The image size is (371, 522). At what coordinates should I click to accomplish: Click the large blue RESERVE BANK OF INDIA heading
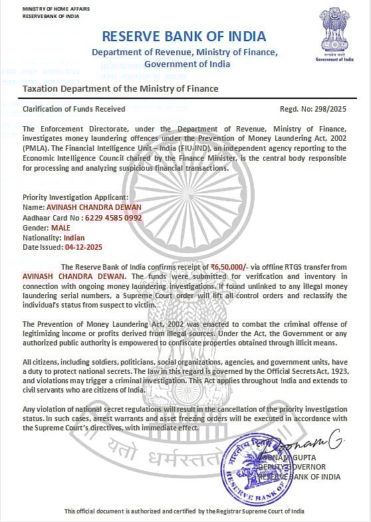click(x=185, y=36)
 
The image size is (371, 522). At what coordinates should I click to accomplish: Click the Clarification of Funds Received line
click(x=74, y=108)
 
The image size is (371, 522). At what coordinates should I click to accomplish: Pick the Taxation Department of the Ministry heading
click(x=120, y=88)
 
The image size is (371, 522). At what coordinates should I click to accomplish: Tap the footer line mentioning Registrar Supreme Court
click(x=184, y=511)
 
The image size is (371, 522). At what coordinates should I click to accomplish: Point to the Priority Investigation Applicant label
click(x=75, y=197)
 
